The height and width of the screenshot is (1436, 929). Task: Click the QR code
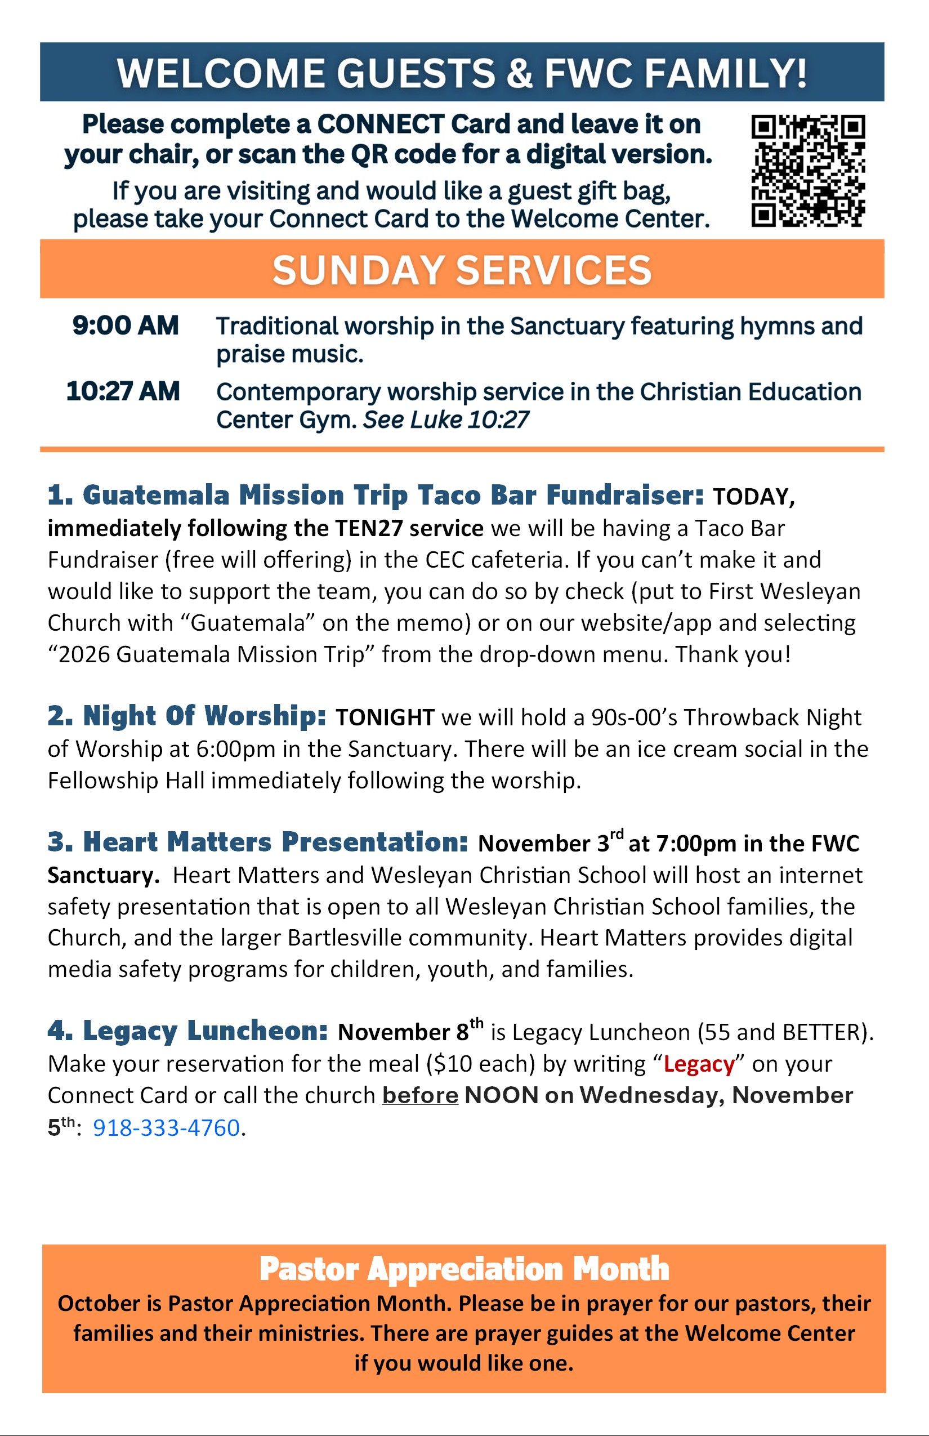808,171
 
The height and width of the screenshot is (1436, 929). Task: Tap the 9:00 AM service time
126,326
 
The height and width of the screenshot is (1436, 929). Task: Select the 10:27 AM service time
123,391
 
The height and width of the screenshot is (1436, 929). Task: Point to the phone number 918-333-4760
167,1127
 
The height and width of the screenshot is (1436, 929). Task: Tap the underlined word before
420,1096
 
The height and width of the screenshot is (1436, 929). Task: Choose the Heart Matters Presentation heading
258,842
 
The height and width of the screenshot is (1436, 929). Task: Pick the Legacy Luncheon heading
187,1031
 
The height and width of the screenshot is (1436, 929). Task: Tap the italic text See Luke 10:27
445,420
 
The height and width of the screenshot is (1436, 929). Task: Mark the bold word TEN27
369,529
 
